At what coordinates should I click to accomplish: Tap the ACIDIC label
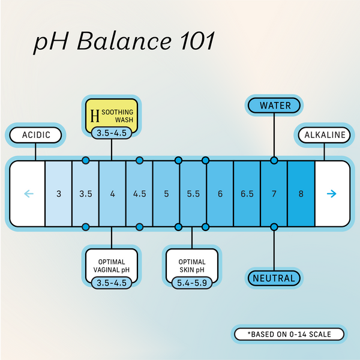(x=35, y=135)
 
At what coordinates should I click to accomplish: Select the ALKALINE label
(x=325, y=135)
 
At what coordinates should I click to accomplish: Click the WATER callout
(x=275, y=106)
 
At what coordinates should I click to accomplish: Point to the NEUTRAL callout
(x=274, y=278)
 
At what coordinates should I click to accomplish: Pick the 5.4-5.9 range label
(x=192, y=281)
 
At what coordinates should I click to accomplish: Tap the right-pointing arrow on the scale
(x=332, y=194)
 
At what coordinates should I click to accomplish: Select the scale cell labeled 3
(x=59, y=194)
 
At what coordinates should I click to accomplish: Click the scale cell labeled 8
(x=301, y=194)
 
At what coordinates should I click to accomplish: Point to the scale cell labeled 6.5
(x=247, y=194)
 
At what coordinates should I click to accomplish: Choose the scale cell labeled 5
(x=166, y=194)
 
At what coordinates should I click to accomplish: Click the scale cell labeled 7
(x=274, y=194)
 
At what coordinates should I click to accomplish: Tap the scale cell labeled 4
(x=112, y=194)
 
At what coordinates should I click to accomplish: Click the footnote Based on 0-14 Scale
(x=289, y=334)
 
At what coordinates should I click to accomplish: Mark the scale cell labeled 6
(x=220, y=194)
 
